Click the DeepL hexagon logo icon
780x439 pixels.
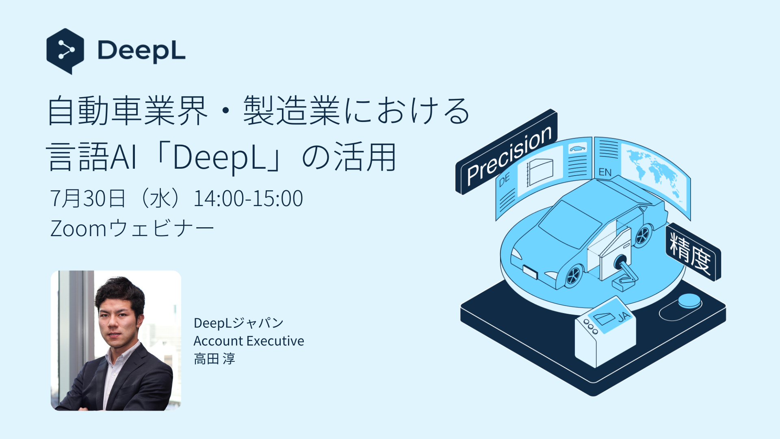[65, 51]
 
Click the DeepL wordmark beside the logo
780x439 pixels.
[141, 51]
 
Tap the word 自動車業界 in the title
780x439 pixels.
[128, 111]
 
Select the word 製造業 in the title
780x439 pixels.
[291, 111]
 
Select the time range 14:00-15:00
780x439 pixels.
[248, 198]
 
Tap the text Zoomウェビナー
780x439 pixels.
[132, 228]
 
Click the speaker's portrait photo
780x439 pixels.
[116, 341]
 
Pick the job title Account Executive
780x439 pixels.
[249, 341]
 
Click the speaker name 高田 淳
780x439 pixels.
[214, 359]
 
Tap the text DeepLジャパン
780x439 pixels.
[238, 323]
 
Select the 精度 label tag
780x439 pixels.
[693, 252]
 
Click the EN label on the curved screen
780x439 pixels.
[605, 172]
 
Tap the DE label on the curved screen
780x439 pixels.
[504, 180]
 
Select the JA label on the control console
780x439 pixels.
[623, 317]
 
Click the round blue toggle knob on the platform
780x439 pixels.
[689, 301]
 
